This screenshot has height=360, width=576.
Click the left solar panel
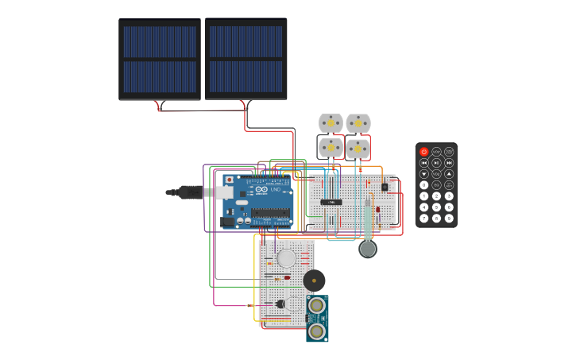coord(160,60)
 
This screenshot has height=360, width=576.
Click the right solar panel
coord(246,59)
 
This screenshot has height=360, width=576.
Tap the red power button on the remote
coord(423,151)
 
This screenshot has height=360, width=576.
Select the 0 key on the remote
coord(423,184)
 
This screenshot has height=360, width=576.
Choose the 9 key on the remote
coord(449,218)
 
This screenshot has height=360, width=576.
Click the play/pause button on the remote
coord(436,162)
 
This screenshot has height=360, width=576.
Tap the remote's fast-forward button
coord(449,162)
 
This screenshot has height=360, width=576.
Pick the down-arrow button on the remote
coord(423,173)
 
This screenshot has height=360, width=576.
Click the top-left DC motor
coord(331,123)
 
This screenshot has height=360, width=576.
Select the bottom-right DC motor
coord(358,149)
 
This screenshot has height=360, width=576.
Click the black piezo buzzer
coord(314,280)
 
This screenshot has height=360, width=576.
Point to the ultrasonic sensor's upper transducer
coord(317,306)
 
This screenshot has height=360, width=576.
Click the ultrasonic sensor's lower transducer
coord(317,331)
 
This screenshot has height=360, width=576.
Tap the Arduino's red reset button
coord(230,180)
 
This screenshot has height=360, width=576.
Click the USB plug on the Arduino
coord(191,192)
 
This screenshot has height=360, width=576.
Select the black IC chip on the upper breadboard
coord(331,202)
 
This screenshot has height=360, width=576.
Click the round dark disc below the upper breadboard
coord(367,249)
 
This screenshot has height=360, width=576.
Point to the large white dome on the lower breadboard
coord(286,258)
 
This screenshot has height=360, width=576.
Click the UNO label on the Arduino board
coord(276,190)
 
